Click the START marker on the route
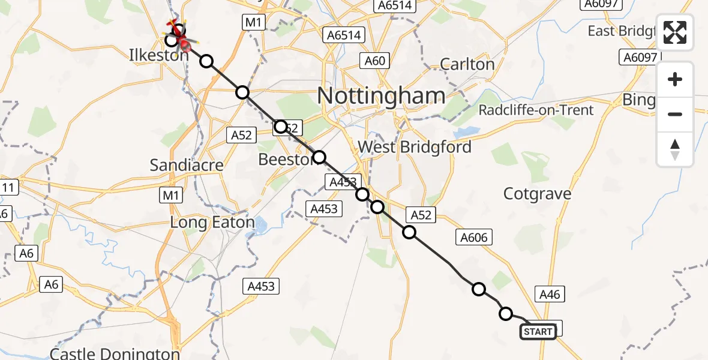pos(538,332)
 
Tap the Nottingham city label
pos(381,96)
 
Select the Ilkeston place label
pos(159,55)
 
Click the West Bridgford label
pos(414,147)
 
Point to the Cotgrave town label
pos(537,194)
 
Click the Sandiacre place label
pos(187,165)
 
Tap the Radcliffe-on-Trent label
pos(536,110)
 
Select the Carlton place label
pos(467,64)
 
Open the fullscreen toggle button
pos(675,33)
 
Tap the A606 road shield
pos(473,238)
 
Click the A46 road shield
pos(550,294)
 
